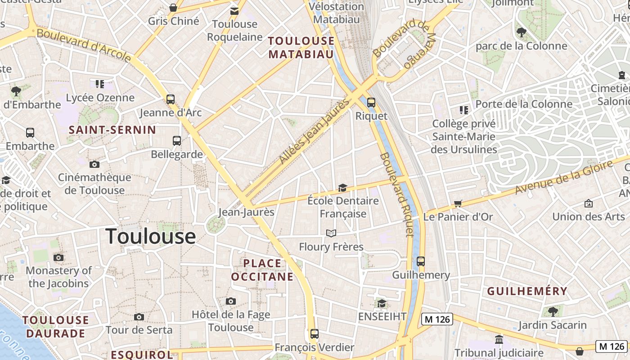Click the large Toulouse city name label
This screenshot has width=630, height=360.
[x=151, y=236]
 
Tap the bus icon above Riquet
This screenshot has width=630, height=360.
[x=371, y=103]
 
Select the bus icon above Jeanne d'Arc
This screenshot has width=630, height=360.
[x=171, y=99]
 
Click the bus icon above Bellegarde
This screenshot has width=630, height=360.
[x=177, y=141]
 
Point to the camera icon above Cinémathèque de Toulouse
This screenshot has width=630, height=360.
[x=94, y=164]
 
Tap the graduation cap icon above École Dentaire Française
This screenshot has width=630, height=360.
[x=343, y=188]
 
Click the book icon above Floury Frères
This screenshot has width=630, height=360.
[x=331, y=233]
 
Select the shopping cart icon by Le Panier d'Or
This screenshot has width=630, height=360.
[x=458, y=204]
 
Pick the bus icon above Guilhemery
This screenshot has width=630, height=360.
[x=421, y=261]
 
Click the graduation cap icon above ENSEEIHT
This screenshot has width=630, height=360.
[x=382, y=303]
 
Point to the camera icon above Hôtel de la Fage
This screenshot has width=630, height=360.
[x=231, y=301]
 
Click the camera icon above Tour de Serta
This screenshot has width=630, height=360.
[x=139, y=317]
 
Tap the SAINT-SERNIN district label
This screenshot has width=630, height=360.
[x=112, y=130]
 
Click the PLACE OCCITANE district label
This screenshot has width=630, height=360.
[x=262, y=270]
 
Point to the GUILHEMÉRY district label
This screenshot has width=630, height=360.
[x=527, y=291]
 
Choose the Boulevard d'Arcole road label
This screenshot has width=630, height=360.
[x=84, y=45]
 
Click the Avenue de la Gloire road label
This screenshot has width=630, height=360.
[x=564, y=177]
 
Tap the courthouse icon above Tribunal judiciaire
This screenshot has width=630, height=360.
[x=499, y=339]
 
